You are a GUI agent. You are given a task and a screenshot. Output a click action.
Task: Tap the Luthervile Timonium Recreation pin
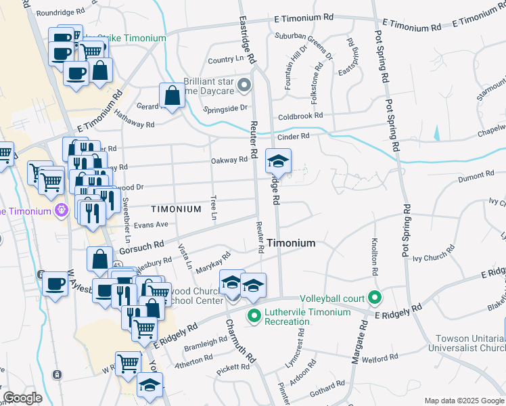254,315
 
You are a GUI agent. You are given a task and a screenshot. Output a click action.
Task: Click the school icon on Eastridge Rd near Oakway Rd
276,161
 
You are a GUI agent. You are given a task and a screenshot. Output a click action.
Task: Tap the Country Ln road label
225,60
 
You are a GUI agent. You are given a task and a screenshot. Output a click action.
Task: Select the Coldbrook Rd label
300,116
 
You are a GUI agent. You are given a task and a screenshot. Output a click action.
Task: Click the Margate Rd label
359,342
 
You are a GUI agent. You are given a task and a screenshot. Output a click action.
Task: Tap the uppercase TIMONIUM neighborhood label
176,209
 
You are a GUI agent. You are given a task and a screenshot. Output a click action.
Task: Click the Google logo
22,398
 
